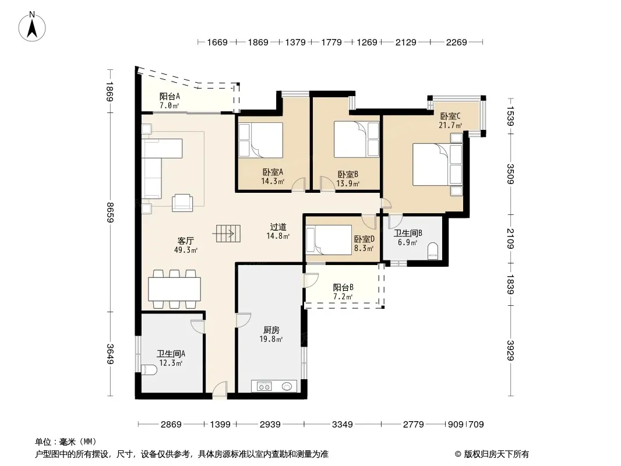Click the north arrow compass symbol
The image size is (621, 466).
point(32,26)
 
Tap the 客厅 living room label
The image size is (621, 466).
point(185,241)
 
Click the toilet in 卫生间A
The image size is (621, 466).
point(149,370)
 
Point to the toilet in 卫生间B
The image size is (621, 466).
point(433,250)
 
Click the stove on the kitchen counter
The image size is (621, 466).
point(264,386)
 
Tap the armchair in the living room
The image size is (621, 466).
point(182,203)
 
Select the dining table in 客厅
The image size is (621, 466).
point(174,289)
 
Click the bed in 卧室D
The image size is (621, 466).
point(329,239)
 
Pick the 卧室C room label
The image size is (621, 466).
point(450,116)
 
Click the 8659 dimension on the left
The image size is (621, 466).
point(111,212)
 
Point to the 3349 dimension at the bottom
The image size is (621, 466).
point(342,425)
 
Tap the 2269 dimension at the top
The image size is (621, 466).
point(456,42)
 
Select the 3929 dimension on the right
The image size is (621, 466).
point(511,351)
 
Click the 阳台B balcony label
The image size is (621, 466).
point(343,287)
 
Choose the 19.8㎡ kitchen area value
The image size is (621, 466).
point(271,339)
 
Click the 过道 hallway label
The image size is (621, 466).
point(278,227)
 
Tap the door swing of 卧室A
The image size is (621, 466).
point(299,185)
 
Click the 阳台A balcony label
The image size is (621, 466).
point(170,96)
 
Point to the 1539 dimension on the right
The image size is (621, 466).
point(511,116)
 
